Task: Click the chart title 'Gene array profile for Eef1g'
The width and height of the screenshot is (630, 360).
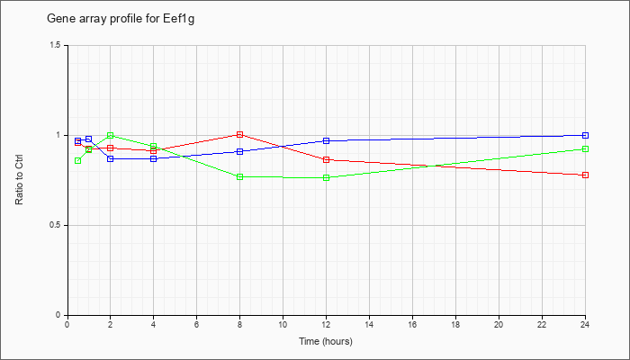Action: click(x=121, y=19)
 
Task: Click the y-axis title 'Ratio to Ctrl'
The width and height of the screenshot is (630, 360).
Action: click(x=19, y=179)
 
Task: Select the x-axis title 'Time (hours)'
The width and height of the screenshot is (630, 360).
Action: click(x=326, y=341)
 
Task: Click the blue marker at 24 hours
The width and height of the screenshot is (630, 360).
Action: click(x=585, y=135)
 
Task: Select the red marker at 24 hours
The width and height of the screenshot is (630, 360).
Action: click(x=585, y=175)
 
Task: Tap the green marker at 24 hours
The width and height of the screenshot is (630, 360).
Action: click(x=585, y=149)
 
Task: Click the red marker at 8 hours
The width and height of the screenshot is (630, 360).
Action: click(x=240, y=135)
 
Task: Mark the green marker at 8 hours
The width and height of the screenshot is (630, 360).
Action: click(x=240, y=176)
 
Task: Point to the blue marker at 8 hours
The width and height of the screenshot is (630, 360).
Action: click(x=240, y=151)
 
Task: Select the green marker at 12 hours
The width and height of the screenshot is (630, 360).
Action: click(x=326, y=177)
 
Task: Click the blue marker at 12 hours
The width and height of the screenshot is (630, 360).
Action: click(x=326, y=140)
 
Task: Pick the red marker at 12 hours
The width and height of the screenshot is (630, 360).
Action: click(x=326, y=159)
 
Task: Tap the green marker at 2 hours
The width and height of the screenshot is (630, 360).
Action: click(x=110, y=135)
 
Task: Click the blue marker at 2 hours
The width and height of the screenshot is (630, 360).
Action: click(x=110, y=158)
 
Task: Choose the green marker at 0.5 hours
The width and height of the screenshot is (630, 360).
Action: click(x=78, y=161)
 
